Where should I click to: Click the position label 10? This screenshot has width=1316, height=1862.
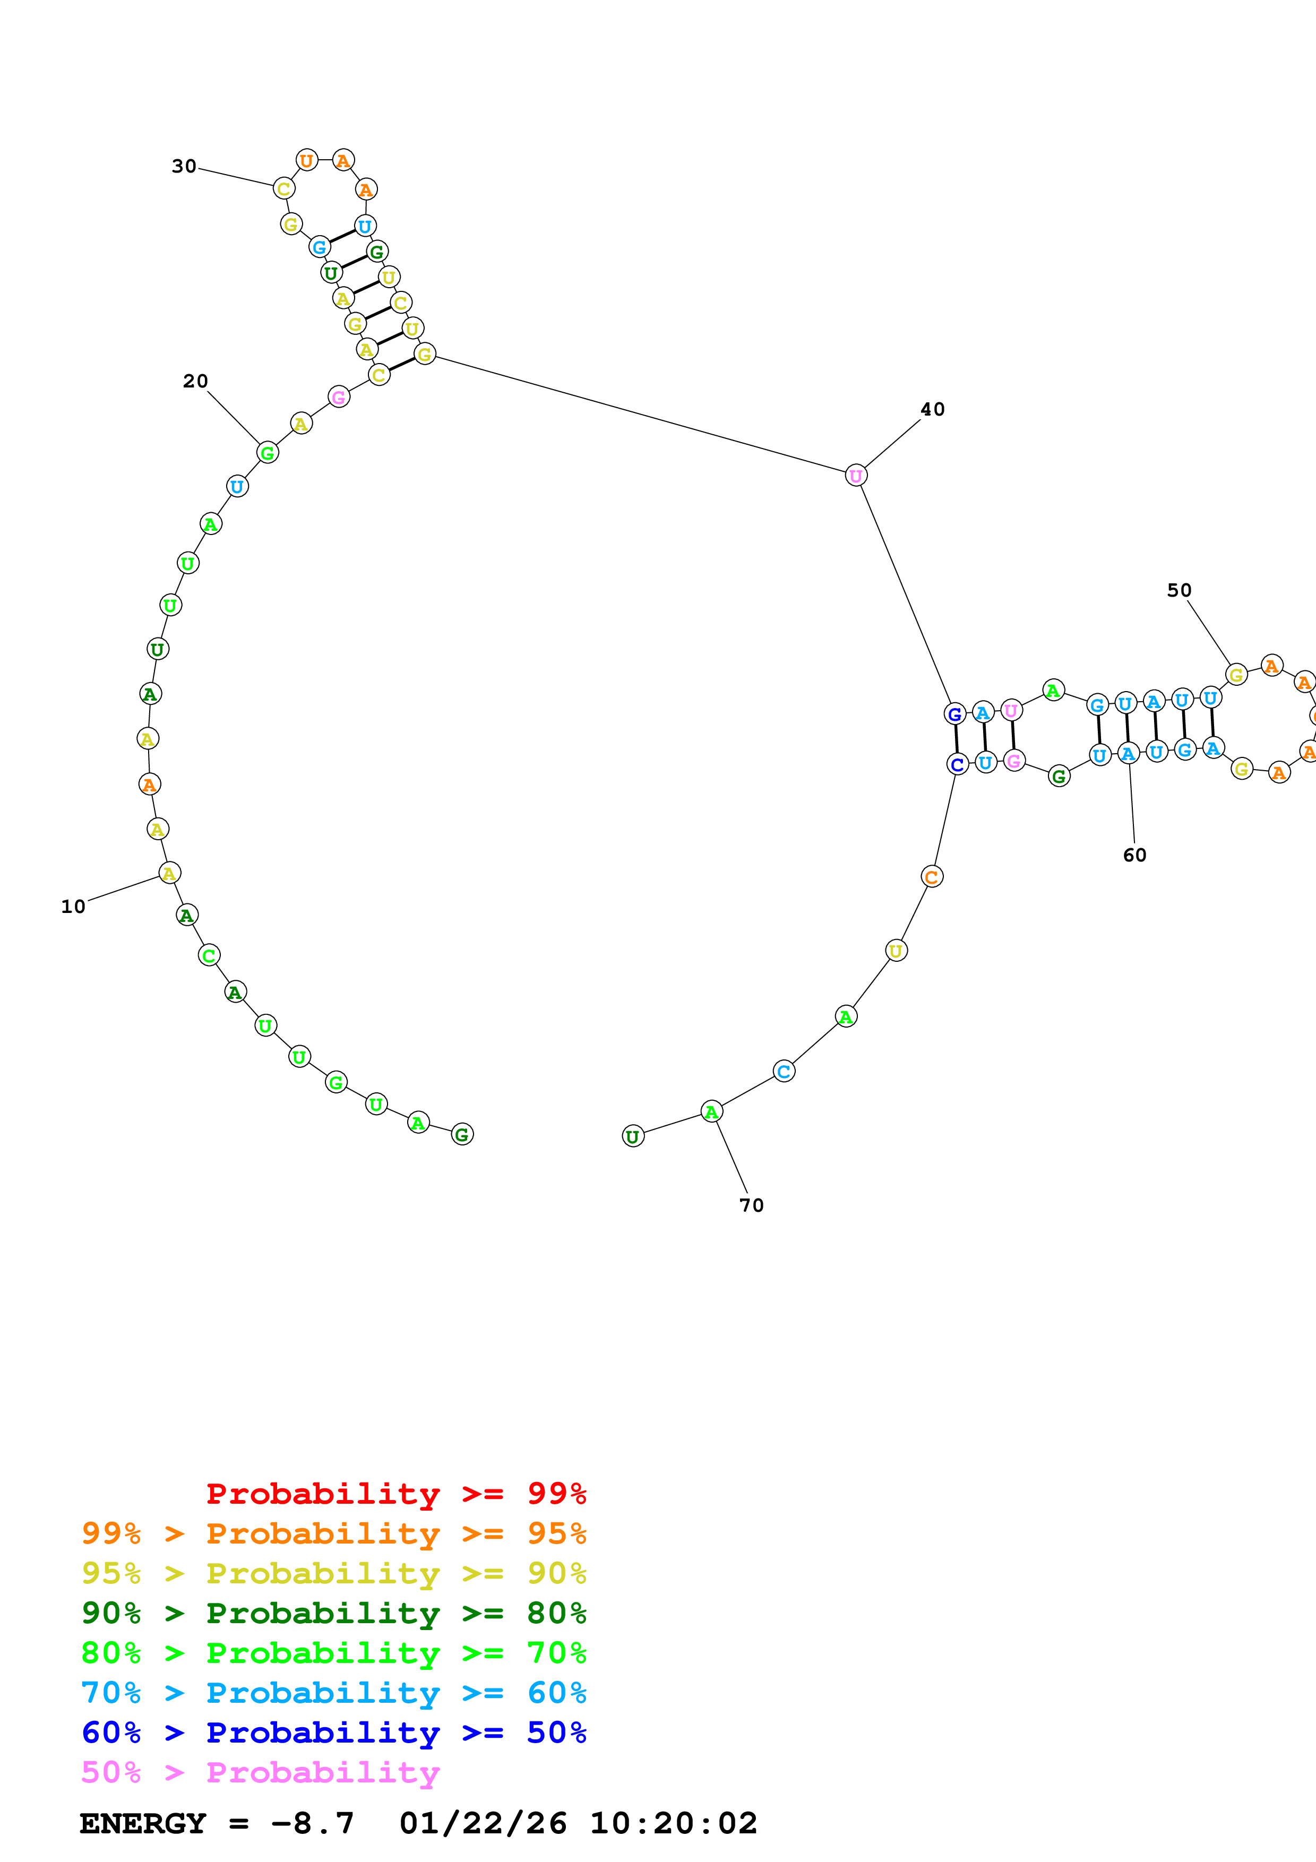[x=73, y=907]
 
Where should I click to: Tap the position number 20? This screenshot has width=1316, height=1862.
[x=195, y=381]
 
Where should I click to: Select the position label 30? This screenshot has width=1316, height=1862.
[x=184, y=166]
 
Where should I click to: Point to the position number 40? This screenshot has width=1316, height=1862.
[x=933, y=410]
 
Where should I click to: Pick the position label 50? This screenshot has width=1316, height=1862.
[x=1179, y=590]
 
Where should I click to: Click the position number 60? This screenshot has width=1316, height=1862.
[x=1134, y=855]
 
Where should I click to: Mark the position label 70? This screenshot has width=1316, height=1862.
[x=752, y=1205]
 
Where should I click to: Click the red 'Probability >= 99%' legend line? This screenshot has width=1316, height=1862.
[x=395, y=1493]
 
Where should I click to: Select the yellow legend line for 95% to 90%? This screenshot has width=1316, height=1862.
[x=333, y=1573]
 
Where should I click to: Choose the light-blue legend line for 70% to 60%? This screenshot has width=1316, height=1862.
[x=333, y=1693]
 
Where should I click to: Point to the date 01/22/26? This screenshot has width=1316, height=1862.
[x=483, y=1823]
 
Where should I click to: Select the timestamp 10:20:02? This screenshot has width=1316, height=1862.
[x=673, y=1823]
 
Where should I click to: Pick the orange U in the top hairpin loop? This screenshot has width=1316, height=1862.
[x=306, y=161]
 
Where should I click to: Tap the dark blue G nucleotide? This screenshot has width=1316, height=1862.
[x=955, y=714]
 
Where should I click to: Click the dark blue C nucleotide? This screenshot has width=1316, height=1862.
[x=958, y=764]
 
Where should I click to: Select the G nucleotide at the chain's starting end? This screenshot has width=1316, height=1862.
[x=462, y=1134]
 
